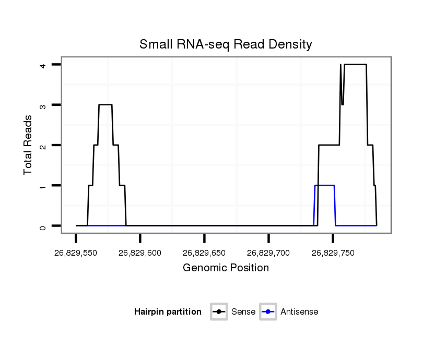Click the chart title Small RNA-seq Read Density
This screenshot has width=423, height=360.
pos(226,44)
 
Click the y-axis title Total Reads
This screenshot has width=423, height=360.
pos(28,145)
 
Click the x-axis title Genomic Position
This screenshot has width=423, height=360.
pos(226,268)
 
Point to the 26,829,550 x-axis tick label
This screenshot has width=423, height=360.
pos(76,253)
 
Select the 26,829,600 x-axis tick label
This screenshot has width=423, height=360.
pos(140,253)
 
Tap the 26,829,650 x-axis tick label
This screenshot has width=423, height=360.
pos(204,253)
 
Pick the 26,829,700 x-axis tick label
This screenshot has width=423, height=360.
pos(268,253)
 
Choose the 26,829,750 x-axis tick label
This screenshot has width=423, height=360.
pos(333,253)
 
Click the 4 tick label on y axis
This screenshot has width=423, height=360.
pos(44,65)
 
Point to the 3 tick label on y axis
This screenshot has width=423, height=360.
pos(44,105)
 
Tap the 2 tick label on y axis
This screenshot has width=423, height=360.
pos(44,145)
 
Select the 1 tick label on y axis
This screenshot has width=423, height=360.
pos(44,185)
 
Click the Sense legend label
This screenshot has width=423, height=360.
pos(243,312)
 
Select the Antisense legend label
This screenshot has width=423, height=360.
pos(299,312)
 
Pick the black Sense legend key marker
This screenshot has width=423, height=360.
pos(219,312)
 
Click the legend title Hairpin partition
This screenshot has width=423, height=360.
pos(168,312)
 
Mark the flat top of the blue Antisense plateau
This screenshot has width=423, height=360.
pos(324,185)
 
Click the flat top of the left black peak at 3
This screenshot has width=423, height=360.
pos(105,105)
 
